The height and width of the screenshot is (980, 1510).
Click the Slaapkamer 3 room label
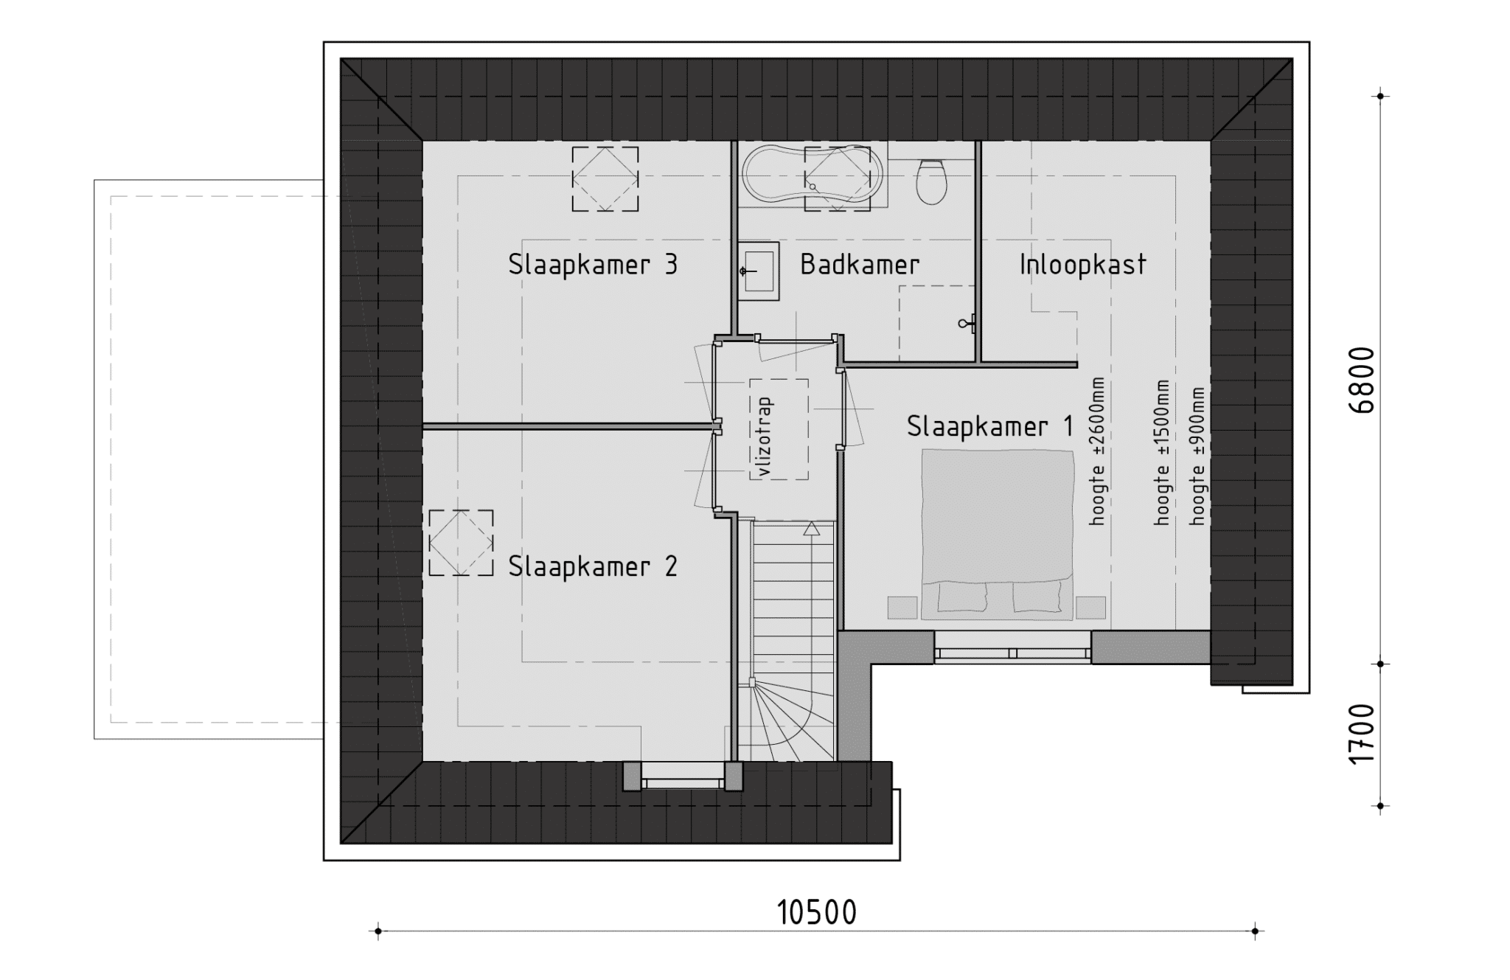tap(593, 264)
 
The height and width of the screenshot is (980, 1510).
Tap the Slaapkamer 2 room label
tap(593, 566)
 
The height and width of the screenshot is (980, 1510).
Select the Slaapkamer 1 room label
tap(990, 426)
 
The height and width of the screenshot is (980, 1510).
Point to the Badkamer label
tap(860, 264)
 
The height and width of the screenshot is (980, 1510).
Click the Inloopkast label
tap(1083, 264)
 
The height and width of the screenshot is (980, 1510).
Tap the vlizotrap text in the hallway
tap(764, 437)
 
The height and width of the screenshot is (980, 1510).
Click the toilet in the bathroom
tap(931, 181)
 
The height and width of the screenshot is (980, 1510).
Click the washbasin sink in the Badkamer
tap(759, 271)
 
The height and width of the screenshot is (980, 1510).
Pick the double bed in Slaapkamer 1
tap(998, 533)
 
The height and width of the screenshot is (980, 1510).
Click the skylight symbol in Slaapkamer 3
tap(605, 178)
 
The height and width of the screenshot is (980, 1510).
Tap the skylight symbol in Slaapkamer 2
tap(461, 543)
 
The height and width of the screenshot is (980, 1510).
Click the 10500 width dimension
tap(817, 913)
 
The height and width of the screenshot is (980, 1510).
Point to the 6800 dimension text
tap(1364, 380)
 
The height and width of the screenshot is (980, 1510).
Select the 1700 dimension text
tap(1364, 734)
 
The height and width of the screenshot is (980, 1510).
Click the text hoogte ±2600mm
tap(1098, 451)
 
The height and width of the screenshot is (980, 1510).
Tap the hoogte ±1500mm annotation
tap(1162, 453)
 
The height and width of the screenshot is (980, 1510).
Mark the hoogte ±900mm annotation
tap(1197, 456)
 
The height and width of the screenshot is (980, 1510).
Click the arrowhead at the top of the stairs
tap(812, 528)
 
